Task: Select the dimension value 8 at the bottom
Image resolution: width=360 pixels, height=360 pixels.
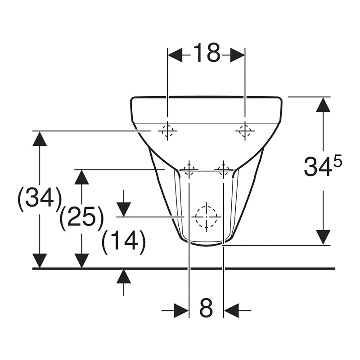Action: click(x=206, y=309)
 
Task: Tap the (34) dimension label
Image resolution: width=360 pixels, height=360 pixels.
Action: click(x=40, y=198)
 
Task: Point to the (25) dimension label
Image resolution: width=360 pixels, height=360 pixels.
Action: click(x=81, y=218)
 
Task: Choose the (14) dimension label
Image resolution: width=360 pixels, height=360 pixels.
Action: click(x=124, y=242)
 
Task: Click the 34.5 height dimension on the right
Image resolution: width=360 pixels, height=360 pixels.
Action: click(x=322, y=166)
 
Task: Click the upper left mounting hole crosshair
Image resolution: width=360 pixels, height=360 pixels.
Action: click(x=167, y=131)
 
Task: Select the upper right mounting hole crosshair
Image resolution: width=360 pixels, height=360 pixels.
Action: click(x=245, y=131)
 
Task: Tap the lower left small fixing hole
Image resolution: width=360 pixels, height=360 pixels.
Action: click(x=189, y=169)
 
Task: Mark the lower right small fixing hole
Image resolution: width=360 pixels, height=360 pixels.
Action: click(x=223, y=169)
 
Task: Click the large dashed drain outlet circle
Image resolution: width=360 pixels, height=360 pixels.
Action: click(x=206, y=216)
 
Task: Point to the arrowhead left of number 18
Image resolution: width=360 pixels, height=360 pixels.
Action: click(x=175, y=55)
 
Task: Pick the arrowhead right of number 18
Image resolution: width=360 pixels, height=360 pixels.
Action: click(x=237, y=55)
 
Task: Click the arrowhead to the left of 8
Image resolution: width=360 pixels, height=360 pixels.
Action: click(x=181, y=310)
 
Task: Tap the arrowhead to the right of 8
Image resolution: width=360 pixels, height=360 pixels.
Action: click(x=231, y=310)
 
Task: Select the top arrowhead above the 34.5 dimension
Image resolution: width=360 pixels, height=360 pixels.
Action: click(x=323, y=105)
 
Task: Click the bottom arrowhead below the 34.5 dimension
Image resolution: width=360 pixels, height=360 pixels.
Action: click(x=323, y=237)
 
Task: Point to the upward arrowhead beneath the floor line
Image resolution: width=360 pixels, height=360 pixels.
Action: click(x=124, y=276)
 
